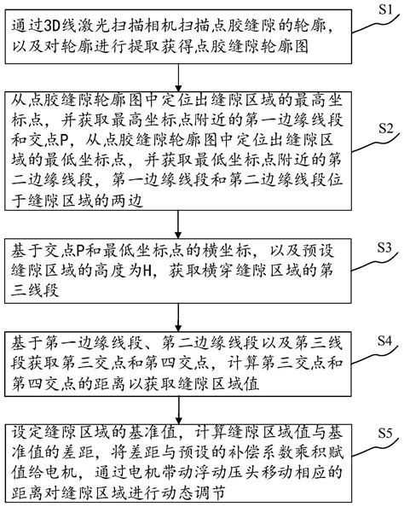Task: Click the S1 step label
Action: (x=385, y=9)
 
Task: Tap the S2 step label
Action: (x=385, y=128)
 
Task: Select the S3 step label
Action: (x=384, y=248)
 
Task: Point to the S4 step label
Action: (x=384, y=341)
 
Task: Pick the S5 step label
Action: (x=384, y=433)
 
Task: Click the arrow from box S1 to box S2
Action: (x=178, y=78)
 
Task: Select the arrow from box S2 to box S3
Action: (x=178, y=224)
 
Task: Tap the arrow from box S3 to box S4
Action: (x=178, y=318)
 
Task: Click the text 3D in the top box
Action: (x=52, y=26)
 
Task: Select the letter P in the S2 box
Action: (x=65, y=141)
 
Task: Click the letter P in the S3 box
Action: (x=81, y=251)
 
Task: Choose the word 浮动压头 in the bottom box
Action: (x=228, y=472)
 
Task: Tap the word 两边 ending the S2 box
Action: (x=127, y=201)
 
